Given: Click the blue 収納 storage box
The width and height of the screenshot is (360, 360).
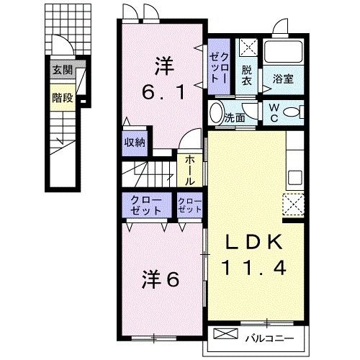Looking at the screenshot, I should click(x=135, y=142).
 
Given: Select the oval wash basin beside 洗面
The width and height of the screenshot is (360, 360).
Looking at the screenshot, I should click(x=215, y=114).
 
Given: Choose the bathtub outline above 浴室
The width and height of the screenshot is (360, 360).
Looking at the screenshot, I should click(x=282, y=50).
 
